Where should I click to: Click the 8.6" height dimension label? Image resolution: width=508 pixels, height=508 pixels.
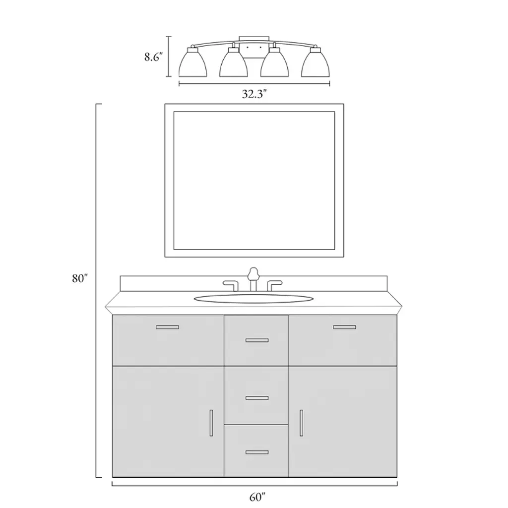coord(153,58)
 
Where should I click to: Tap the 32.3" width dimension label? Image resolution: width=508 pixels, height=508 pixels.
coord(254,94)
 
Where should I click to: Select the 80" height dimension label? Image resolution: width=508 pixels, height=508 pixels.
coord(80,278)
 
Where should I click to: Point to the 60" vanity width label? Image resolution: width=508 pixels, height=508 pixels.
coord(257,497)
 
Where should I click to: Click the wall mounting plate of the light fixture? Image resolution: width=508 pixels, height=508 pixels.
coord(254,47)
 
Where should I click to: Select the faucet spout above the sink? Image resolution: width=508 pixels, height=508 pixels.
coord(254,279)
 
